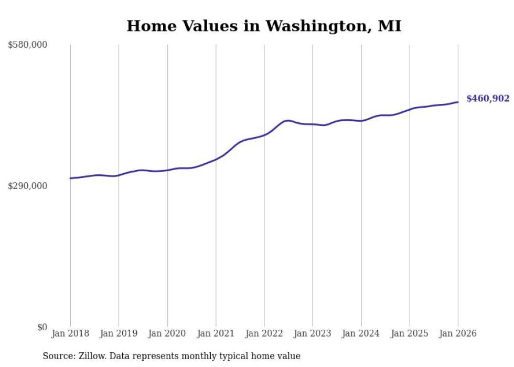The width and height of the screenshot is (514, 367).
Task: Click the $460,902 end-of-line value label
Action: (x=488, y=98)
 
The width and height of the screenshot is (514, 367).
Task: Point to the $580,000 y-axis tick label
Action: (x=28, y=45)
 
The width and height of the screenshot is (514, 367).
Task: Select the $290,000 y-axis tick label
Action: (x=28, y=186)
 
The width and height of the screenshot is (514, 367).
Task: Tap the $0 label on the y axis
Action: (x=42, y=327)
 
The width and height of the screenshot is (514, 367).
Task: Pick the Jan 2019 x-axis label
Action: (x=119, y=333)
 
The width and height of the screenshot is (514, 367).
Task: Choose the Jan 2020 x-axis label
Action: (x=167, y=333)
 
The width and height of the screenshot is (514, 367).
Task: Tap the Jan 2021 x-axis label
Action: (x=216, y=333)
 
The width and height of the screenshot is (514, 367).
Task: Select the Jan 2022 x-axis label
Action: (x=264, y=333)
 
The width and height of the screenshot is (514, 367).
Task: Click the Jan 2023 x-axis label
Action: (x=313, y=333)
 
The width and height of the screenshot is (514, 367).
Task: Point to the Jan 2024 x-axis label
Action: (x=361, y=333)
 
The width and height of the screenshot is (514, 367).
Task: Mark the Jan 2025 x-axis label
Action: (x=410, y=333)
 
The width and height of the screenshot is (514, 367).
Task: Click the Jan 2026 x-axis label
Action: (x=458, y=333)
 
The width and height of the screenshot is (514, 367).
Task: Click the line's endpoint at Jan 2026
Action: (x=458, y=102)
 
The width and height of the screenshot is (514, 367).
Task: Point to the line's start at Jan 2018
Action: (x=70, y=179)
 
